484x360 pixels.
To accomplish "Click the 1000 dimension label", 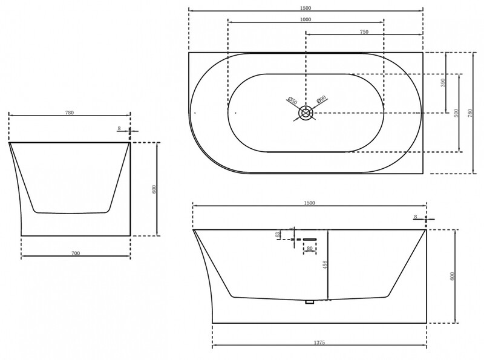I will click(x=306, y=20).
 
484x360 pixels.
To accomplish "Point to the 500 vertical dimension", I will click(x=457, y=113).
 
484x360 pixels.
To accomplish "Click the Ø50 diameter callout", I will click(x=291, y=100).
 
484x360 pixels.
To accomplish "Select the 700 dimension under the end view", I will click(x=76, y=252).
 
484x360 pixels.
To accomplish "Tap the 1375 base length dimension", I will click(x=321, y=342).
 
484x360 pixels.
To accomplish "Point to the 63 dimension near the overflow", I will click(x=278, y=234).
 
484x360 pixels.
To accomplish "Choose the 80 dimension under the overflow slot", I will click(x=309, y=248).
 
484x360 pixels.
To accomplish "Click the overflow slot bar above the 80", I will click(x=309, y=239).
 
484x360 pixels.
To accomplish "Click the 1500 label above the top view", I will click(x=305, y=7).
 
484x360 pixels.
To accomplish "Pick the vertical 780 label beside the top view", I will click(x=471, y=113).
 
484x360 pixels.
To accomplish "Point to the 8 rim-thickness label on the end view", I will click(x=120, y=128).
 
